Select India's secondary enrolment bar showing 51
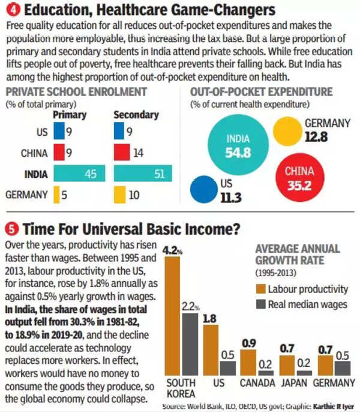coord(143,174)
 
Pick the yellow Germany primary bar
coord(57,195)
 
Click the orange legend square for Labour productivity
coord(261,289)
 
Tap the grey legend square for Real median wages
coord(261,304)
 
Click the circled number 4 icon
coord(11,10)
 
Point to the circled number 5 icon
coord(11,229)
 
